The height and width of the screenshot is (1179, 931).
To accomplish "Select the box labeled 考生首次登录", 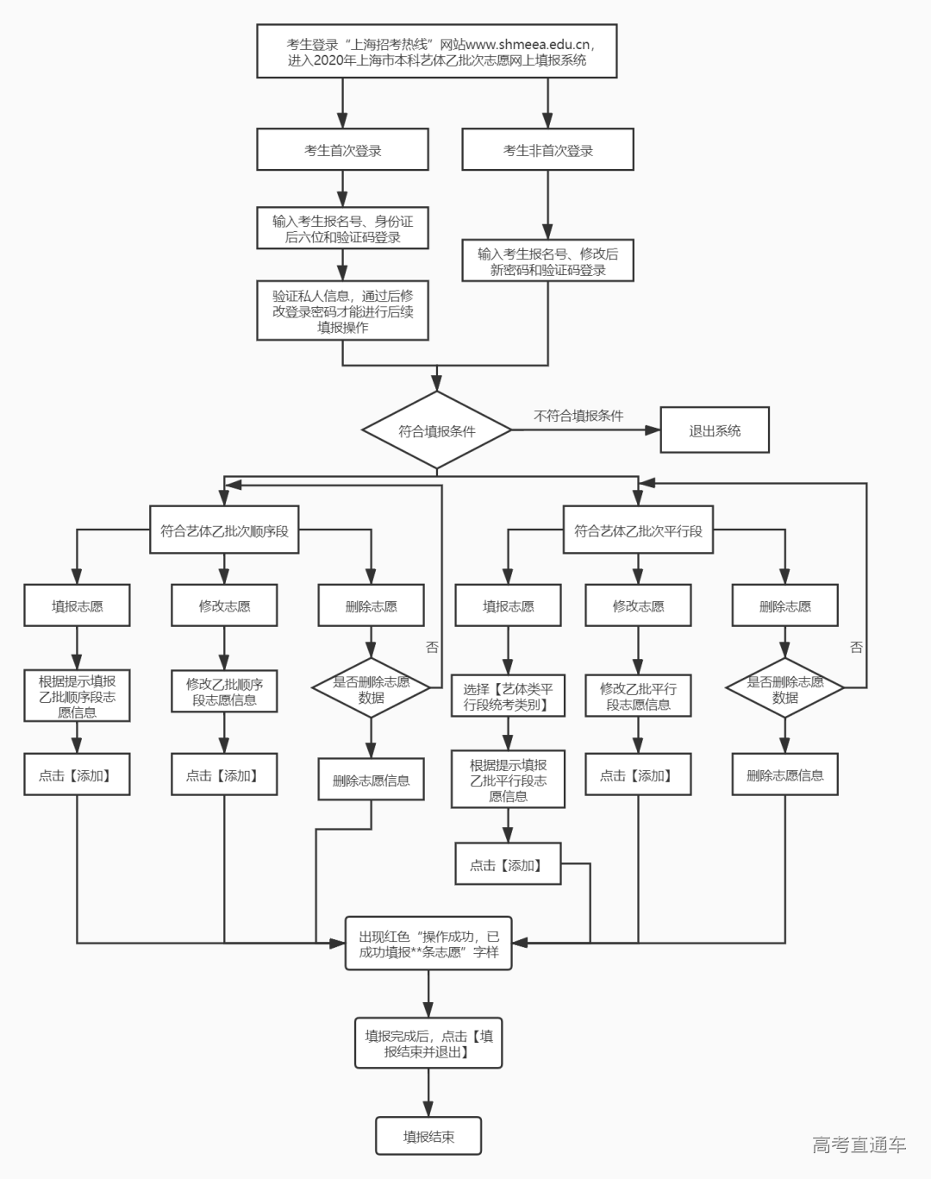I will [342, 150].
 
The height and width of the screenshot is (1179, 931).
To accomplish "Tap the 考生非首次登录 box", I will [547, 150].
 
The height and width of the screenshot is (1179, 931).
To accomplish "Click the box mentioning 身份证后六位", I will [342, 229].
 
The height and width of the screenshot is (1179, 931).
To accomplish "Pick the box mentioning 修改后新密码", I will [547, 261].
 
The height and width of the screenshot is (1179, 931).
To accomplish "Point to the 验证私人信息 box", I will [342, 311].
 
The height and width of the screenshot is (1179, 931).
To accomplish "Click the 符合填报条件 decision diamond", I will [437, 430].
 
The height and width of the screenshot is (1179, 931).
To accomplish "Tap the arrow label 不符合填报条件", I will [578, 416].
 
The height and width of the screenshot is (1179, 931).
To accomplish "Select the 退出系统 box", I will [714, 430].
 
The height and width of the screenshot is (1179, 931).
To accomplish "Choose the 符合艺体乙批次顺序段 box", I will [224, 530].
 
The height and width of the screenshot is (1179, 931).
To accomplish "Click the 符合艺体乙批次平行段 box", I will [638, 530].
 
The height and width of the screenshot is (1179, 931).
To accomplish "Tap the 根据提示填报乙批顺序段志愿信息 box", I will [77, 696].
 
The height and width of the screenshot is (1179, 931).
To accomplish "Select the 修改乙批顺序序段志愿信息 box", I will [224, 692].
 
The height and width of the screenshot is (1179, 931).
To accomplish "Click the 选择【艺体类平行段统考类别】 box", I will [508, 696].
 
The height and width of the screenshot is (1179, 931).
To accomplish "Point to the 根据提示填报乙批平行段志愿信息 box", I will [508, 780].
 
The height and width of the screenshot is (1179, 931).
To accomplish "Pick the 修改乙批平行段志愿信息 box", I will [638, 696].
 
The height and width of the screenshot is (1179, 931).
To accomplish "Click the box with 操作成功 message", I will [428, 944].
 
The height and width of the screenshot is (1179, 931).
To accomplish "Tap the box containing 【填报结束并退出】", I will [428, 1044].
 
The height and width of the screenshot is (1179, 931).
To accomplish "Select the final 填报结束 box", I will [428, 1137].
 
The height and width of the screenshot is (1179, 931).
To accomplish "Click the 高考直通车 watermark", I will [859, 1145].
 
